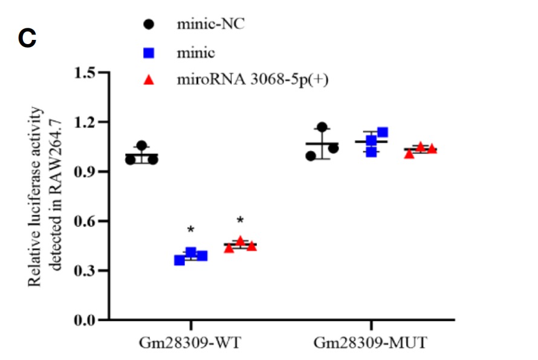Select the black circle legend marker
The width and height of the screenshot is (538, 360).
coord(149,25)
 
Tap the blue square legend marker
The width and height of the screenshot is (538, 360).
coord(149,53)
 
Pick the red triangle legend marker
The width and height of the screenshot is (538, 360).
coord(149,80)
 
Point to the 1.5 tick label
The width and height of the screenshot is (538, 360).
coord(86,74)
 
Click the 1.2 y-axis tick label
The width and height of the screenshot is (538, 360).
coord(86,123)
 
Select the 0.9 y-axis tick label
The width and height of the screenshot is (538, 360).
coord(86,172)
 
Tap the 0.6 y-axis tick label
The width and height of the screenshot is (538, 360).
coord(86,222)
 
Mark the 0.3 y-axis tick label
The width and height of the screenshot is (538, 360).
coord(86,271)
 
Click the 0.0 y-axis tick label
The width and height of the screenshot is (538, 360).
coord(86,320)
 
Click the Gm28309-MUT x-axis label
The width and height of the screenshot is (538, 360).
coord(371,343)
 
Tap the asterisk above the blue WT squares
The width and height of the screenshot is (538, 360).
coord(191,230)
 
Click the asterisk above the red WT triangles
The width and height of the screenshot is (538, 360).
coord(240,220)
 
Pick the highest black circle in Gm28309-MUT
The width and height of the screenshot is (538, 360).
coord(322,127)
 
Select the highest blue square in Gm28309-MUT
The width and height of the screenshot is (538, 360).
coord(382,132)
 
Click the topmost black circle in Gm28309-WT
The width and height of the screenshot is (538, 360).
coord(141,146)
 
